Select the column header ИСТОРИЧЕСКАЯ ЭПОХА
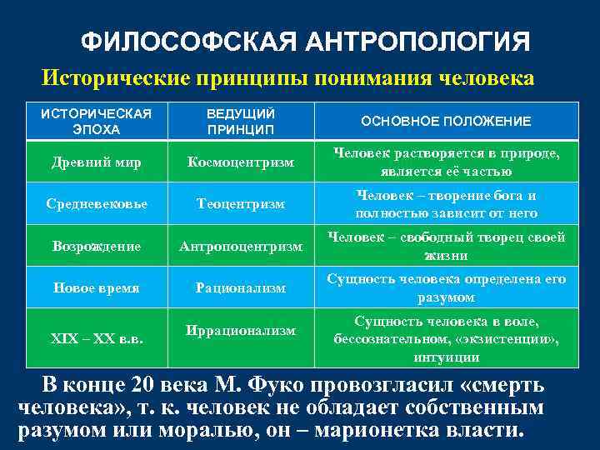(x=96, y=122)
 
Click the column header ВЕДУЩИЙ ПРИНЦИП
(x=241, y=122)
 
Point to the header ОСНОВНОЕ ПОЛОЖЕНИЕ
(x=446, y=122)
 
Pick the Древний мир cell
(x=97, y=162)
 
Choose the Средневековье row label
(x=97, y=203)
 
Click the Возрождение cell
(x=97, y=247)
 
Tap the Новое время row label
(x=97, y=288)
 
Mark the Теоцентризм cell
(x=241, y=203)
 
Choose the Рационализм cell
(x=241, y=288)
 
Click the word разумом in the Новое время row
(x=446, y=297)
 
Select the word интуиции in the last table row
(x=446, y=357)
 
